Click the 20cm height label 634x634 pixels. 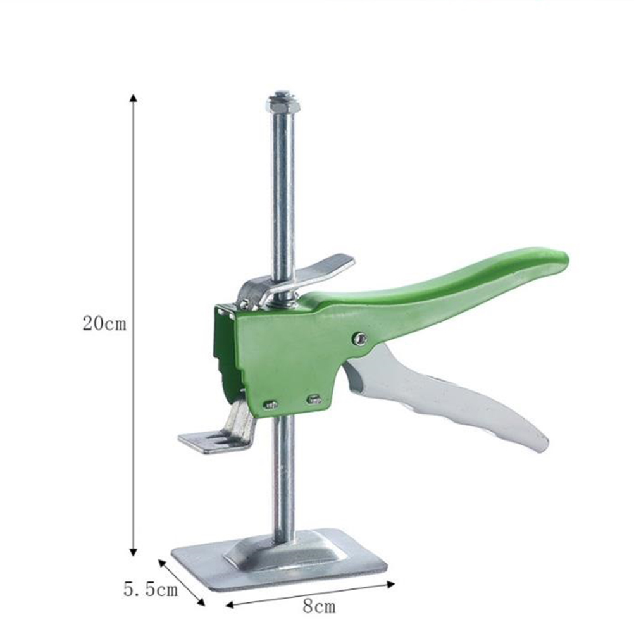point(104,323)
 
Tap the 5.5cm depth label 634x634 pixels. point(151,590)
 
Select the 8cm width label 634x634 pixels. point(319,607)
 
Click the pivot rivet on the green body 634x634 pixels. point(359,339)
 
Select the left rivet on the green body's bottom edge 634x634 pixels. point(271,404)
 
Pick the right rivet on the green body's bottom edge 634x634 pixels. point(314,399)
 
